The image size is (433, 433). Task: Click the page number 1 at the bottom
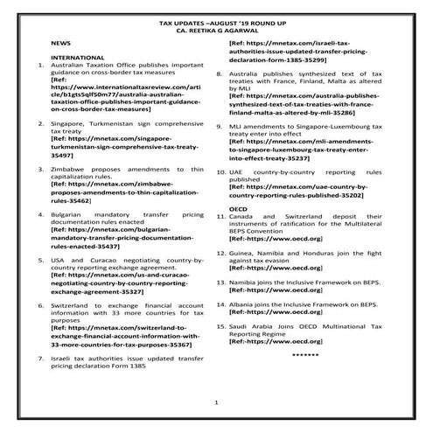[x=216, y=402]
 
